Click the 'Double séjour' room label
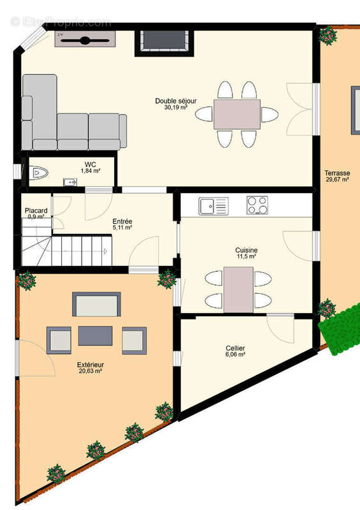pos(176,101)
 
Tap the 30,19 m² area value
pos(176,107)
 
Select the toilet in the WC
pos(39,172)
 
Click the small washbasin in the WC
pos(70,182)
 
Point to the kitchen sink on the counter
pos(213,206)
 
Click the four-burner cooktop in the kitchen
pos(257,205)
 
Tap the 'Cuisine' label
pos(247,250)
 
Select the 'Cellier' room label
pos(235,348)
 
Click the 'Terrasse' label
pos(337,173)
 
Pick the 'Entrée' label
pos(122,221)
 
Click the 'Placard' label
pos(36,210)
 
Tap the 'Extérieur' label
pos(90,365)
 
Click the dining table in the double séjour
pos(237,114)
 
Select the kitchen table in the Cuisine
pos(239,289)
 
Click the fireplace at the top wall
pos(164,43)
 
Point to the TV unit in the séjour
pos(85,39)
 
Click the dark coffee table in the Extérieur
pos(96,336)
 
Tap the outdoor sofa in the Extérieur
pos(97,304)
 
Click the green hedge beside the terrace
pos(340,329)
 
